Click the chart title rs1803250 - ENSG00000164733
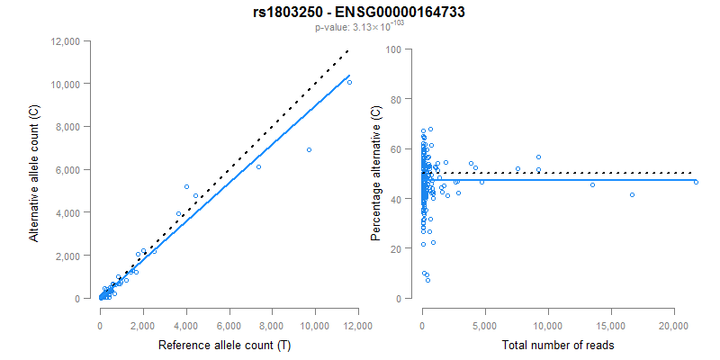tap(359, 13)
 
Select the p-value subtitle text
tap(359, 27)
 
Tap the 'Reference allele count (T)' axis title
tap(225, 346)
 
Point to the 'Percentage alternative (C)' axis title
tap(376, 173)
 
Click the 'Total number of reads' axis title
tap(557, 346)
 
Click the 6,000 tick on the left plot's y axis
tap(67, 169)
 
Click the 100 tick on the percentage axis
tap(392, 49)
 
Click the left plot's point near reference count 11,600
tap(349, 82)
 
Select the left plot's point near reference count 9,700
tap(309, 150)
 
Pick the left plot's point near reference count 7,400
tap(258, 166)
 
